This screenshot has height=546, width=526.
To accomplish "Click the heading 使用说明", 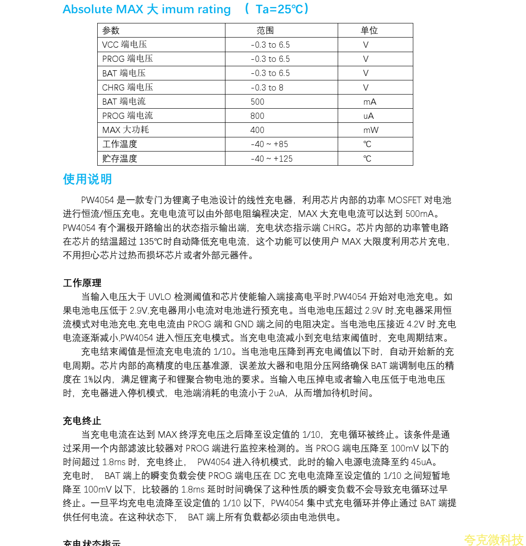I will [88, 179].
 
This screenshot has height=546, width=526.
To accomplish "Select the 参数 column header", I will [111, 30].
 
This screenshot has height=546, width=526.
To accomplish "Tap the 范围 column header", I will [265, 30].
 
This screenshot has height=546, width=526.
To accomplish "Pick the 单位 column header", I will [369, 30].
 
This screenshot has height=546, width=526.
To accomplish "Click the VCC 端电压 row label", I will [125, 45].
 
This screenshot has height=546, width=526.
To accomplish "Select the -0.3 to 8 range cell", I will [267, 87].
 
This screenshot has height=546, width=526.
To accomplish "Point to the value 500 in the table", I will [257, 102].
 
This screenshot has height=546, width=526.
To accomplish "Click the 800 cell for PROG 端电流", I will [257, 116].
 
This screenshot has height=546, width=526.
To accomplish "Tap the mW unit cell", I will [371, 130].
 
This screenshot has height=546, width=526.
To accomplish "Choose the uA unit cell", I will [369, 116].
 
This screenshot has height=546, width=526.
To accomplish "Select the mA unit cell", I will [370, 102].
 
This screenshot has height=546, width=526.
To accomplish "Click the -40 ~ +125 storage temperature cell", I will [271, 159].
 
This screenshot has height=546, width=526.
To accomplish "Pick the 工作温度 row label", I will [120, 144].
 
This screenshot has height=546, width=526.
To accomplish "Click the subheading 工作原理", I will [82, 283].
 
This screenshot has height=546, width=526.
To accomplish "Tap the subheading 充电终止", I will [82, 421].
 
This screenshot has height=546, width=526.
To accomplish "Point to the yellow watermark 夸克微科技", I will [493, 539].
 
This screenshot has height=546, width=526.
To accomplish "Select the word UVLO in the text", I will [160, 297].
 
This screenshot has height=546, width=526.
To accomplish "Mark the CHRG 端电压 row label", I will [128, 87].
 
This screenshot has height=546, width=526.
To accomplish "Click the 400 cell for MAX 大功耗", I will [257, 130].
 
